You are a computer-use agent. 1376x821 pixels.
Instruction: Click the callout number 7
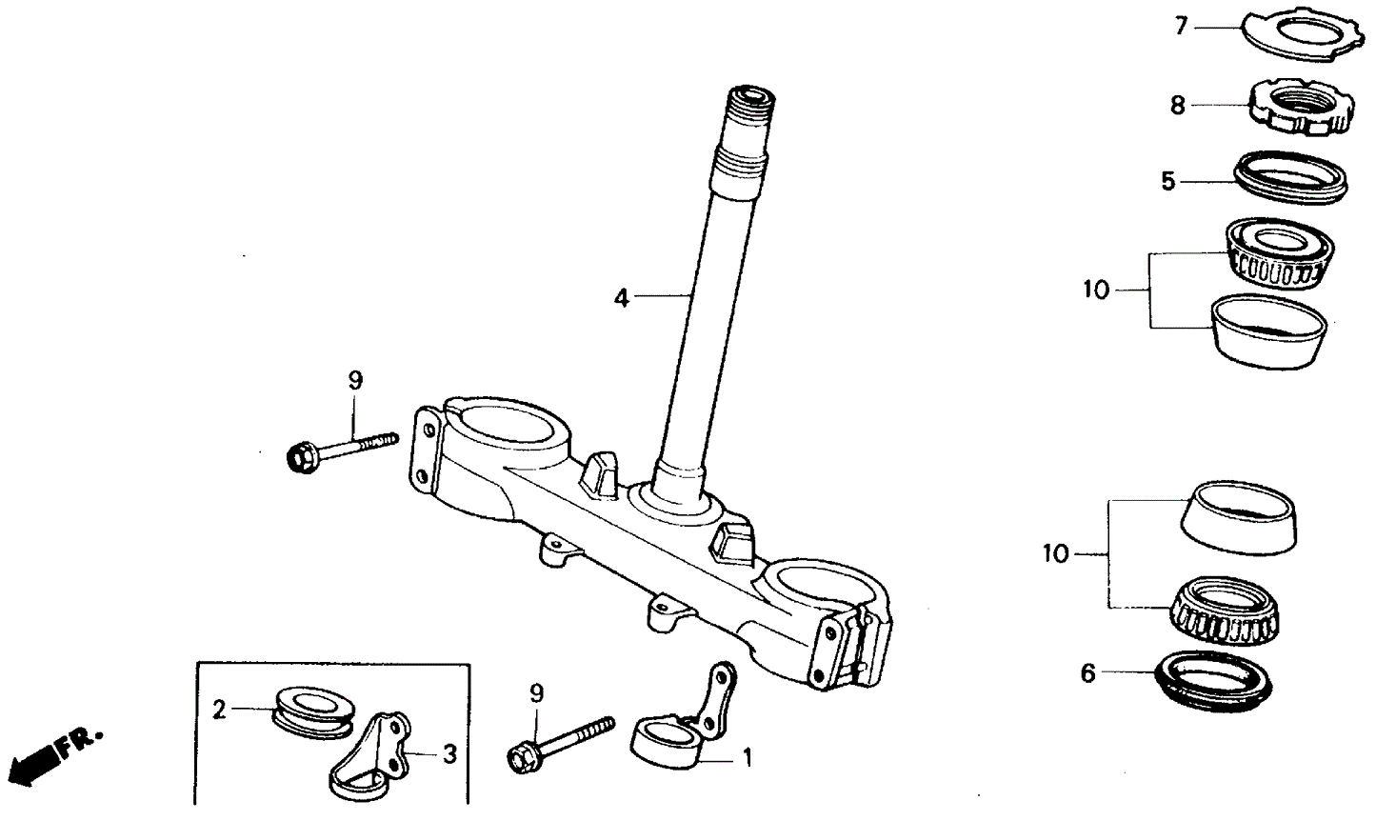coord(1181,27)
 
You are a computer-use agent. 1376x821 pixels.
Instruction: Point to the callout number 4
coord(621,298)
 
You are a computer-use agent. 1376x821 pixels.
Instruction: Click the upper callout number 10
coord(1097,290)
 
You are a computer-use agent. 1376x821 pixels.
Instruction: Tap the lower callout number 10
coord(1056,553)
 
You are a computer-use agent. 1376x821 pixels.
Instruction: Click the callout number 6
coord(1087,673)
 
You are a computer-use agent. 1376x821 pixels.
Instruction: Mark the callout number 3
coord(449,755)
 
